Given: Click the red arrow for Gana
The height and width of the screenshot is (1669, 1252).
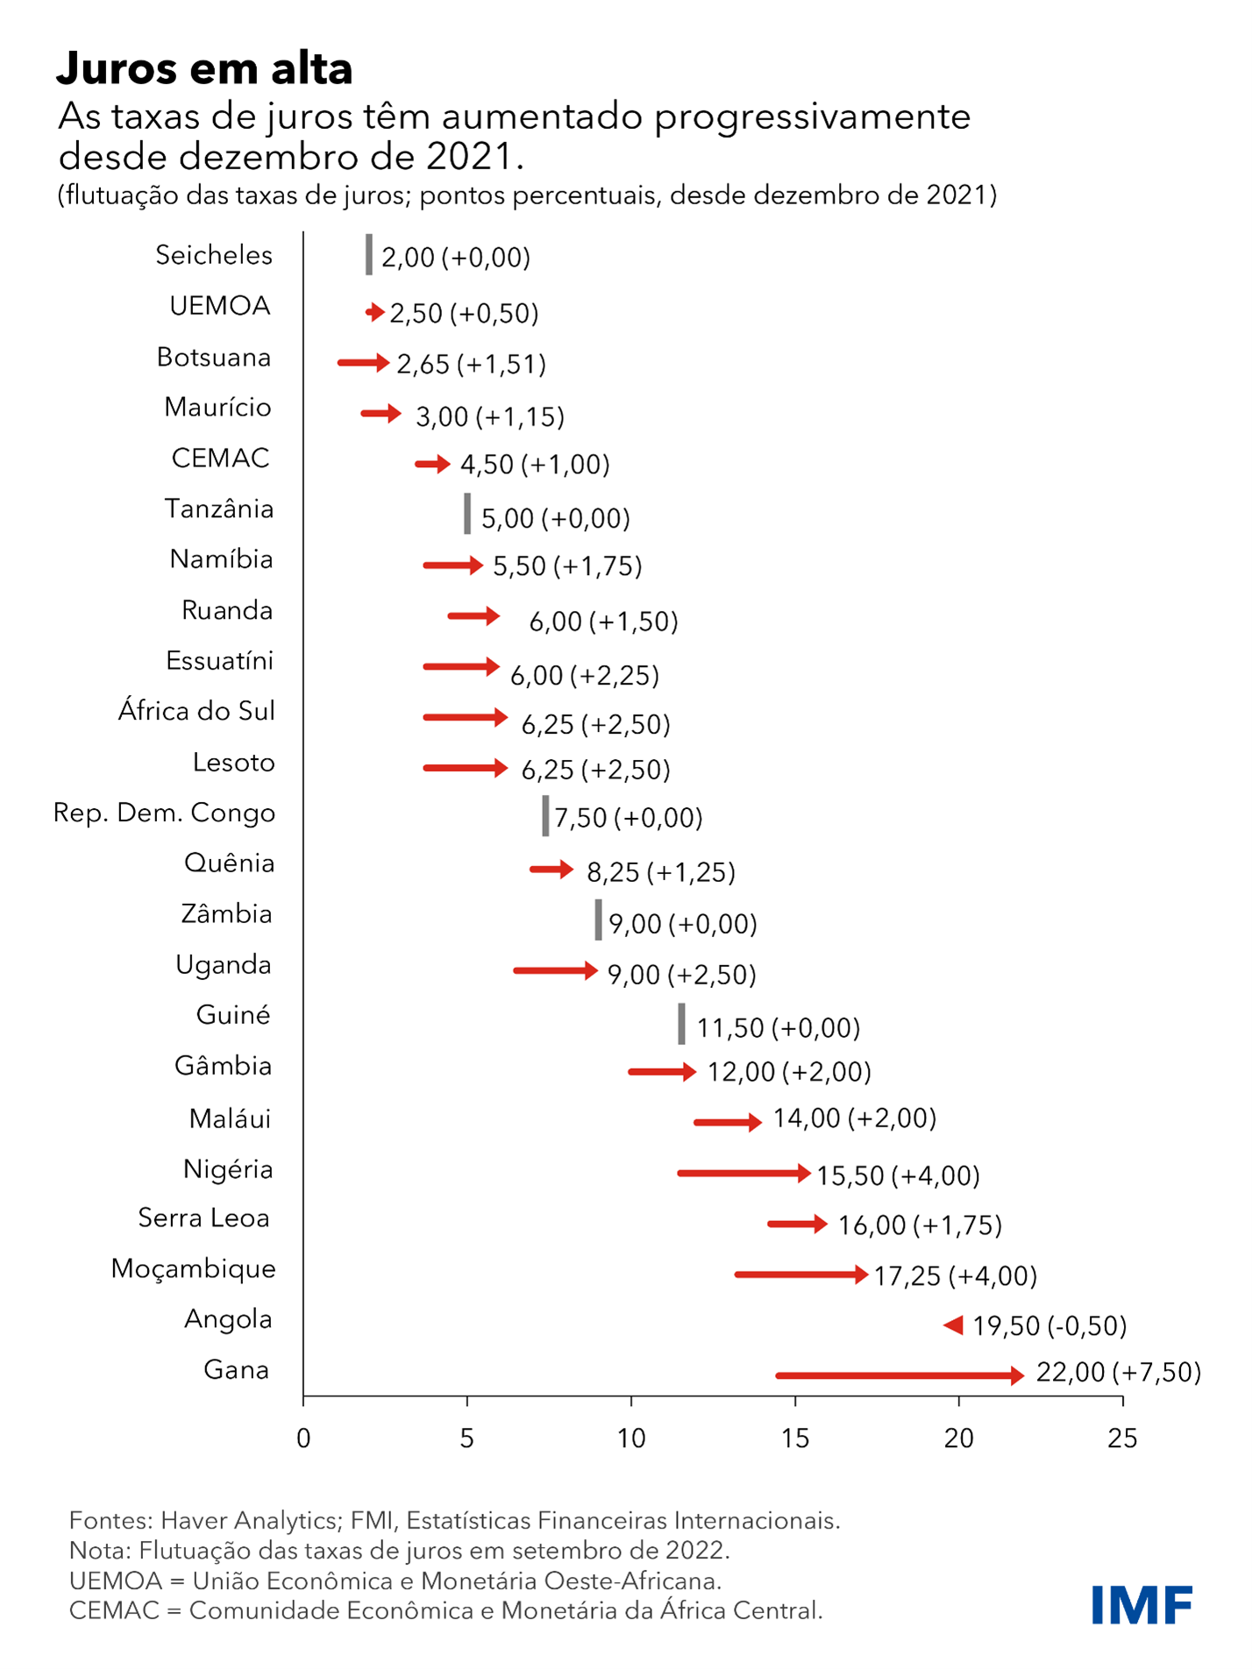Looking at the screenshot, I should click(900, 1375).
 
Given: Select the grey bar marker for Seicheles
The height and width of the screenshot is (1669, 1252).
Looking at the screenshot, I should click(369, 255).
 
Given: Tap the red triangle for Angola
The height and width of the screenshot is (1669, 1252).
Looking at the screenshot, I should click(954, 1325).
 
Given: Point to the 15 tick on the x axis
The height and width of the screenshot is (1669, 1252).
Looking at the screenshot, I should click(795, 1439).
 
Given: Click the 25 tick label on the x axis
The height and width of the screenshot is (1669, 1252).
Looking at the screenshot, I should click(1122, 1439).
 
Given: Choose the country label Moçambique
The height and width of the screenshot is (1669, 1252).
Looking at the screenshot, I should click(193, 1268).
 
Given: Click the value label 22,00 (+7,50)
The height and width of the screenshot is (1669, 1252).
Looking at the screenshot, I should click(1118, 1372).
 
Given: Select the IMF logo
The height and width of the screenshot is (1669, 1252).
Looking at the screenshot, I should click(1142, 1604).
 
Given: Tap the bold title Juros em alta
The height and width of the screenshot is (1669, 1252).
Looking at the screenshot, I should click(204, 68).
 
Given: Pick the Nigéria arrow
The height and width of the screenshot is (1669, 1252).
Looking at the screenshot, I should click(743, 1173).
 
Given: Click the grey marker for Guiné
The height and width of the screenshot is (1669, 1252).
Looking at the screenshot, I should click(681, 1024).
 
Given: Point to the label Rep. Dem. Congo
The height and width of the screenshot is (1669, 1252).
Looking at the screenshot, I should click(164, 813).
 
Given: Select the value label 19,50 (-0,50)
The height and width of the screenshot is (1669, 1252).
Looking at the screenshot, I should click(1049, 1325).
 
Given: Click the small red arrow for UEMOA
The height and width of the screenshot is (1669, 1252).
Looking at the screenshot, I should click(375, 312).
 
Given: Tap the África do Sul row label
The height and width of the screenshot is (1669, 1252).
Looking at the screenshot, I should click(196, 711).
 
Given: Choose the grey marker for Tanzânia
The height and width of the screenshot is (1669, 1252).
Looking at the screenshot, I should click(467, 514).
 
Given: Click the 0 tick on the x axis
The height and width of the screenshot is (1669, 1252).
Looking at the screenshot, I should click(303, 1439).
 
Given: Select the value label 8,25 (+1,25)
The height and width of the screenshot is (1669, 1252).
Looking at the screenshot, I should click(660, 872).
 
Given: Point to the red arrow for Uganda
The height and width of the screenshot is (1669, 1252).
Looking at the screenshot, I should click(555, 970).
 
